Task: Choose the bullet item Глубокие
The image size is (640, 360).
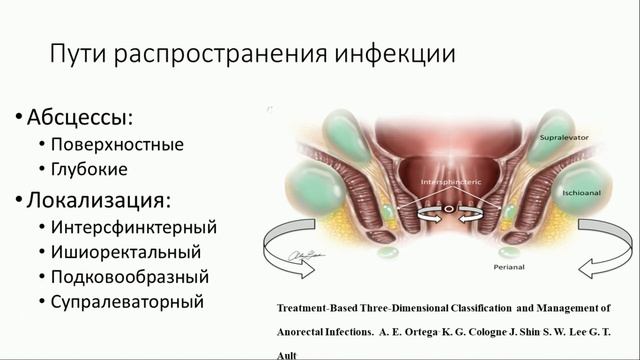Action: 101,170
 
